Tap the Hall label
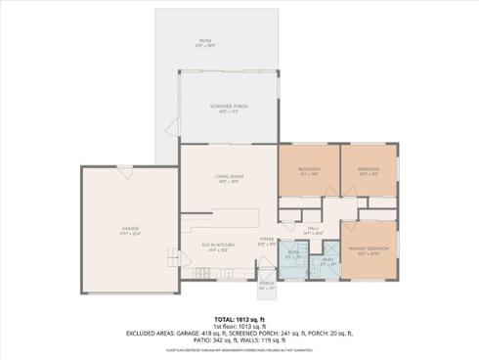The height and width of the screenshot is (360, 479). click(x=313, y=232)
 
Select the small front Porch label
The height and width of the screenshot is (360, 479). click(x=267, y=286)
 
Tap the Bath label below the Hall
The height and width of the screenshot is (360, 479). click(x=328, y=261)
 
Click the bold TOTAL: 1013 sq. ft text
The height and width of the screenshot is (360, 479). click(x=239, y=319)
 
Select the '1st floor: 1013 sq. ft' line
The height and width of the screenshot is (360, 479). click(x=239, y=326)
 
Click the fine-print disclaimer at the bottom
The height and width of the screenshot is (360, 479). click(x=239, y=349)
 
